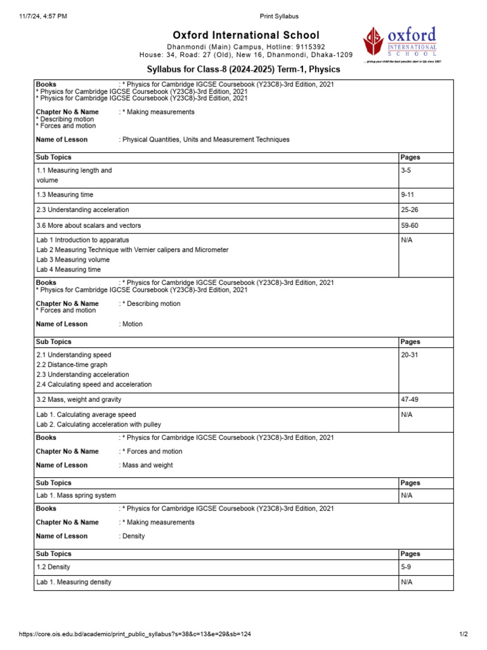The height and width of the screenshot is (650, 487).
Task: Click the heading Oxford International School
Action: point(246,35)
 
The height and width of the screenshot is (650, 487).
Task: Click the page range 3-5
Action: point(406,170)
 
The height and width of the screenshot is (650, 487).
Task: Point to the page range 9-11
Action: point(408,194)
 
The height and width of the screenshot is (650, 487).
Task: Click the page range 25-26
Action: point(410,209)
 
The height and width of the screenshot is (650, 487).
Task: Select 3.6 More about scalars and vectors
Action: point(89,225)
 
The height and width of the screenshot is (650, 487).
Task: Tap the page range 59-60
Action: point(410,225)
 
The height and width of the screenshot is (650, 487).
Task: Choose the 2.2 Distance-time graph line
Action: point(72,365)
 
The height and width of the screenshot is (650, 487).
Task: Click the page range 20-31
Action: point(410,355)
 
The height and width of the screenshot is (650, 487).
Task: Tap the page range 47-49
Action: point(410,399)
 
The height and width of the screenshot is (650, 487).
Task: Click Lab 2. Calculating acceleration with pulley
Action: point(99,424)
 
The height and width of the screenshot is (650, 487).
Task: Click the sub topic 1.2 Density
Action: point(53,566)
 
